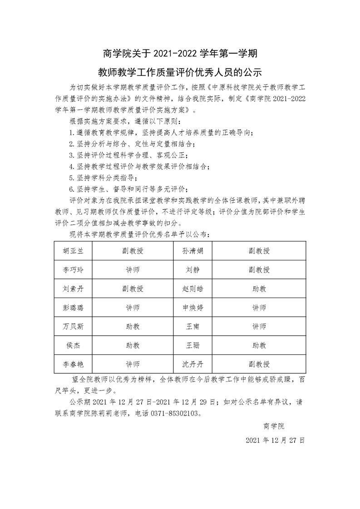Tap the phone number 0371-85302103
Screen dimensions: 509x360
coord(175,413)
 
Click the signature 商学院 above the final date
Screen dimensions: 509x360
coord(273,426)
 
